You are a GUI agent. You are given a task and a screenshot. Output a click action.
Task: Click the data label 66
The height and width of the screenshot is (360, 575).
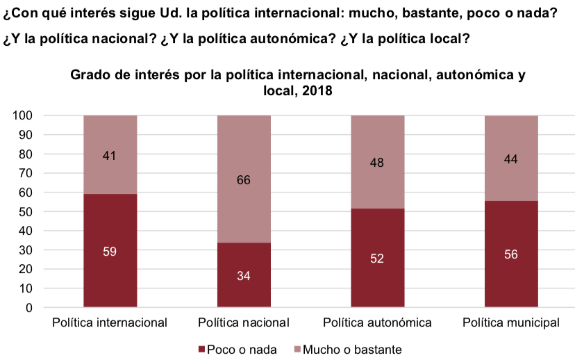pos(244,181)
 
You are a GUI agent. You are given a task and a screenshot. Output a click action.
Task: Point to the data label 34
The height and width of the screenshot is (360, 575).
pos(244,276)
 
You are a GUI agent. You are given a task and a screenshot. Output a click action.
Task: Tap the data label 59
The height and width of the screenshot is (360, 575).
pos(110,251)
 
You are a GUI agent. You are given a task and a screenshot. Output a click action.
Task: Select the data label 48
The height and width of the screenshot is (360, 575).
pos(377,163)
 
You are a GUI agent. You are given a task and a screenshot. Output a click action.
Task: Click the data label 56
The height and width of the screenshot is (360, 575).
pos(511,254)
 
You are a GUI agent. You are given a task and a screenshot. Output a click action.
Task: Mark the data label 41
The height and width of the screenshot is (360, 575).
pos(110,156)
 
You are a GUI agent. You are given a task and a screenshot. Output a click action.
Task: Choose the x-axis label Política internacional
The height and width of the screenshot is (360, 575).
pos(110,322)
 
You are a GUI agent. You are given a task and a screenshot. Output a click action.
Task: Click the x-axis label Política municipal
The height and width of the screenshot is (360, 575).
pos(511,322)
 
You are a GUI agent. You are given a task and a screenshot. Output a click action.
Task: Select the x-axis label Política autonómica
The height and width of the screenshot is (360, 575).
pos(377,322)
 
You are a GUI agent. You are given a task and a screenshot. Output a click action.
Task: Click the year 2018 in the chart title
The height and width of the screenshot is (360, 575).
pos(317,91)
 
